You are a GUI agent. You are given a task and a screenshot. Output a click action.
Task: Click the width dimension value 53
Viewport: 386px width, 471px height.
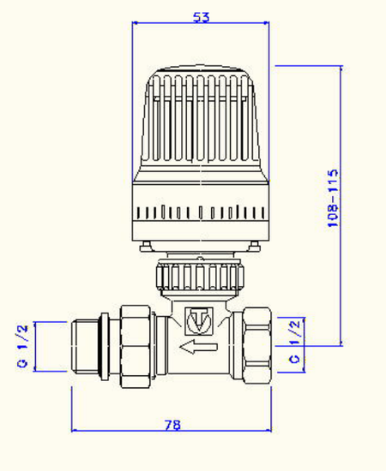202,16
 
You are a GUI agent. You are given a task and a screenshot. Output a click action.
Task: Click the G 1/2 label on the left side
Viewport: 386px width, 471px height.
23,346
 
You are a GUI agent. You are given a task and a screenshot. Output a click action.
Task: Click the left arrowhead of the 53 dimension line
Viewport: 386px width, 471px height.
136,26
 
